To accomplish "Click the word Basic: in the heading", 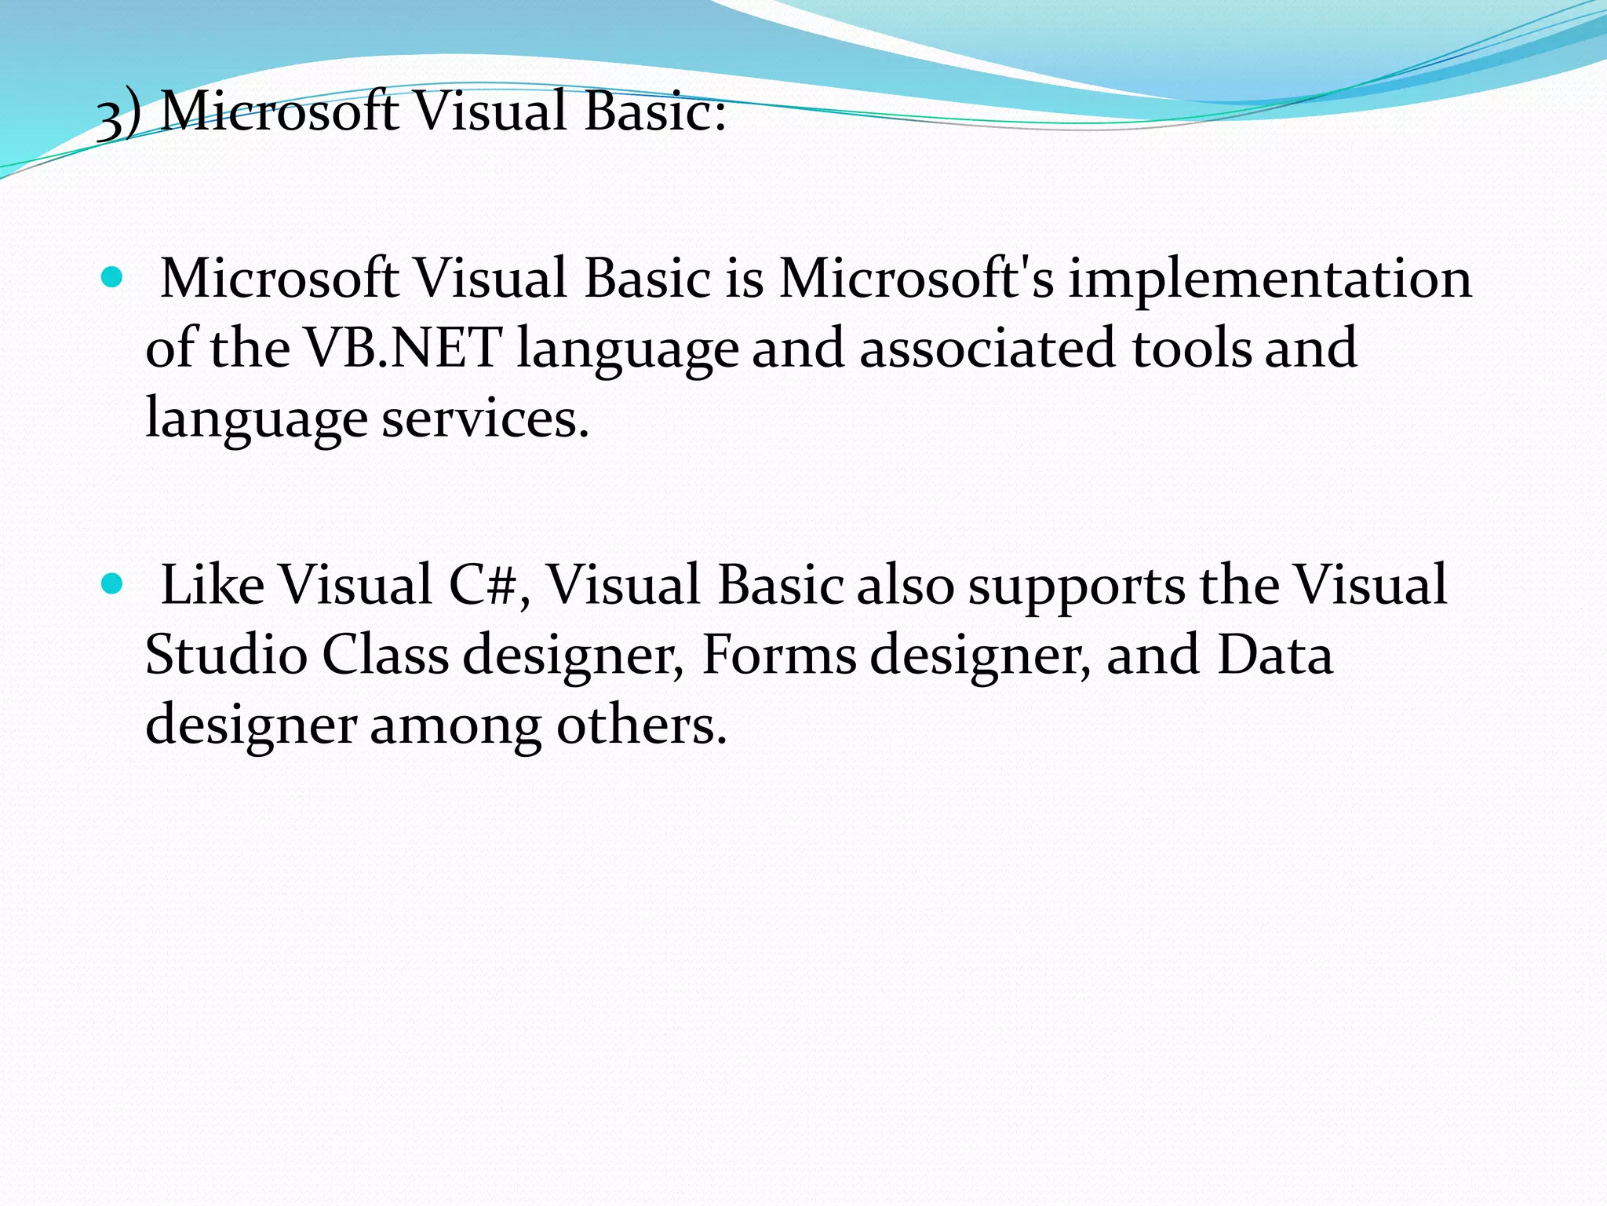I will pos(654,111).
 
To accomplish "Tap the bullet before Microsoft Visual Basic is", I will pos(113,277).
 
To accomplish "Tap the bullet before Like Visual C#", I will pos(113,583).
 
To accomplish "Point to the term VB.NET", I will pos(403,348).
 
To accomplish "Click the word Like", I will pos(212,585).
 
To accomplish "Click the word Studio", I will pos(226,655).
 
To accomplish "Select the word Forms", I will pos(778,655).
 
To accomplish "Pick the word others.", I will pos(641,725).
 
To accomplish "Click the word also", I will pos(904,585).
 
